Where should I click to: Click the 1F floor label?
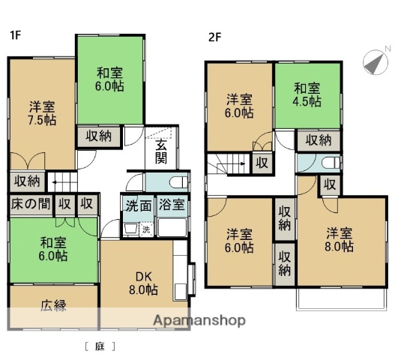tap(15, 34)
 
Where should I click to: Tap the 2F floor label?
tap(215, 34)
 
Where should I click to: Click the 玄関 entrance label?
tap(162, 151)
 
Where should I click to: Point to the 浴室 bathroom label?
tap(175, 205)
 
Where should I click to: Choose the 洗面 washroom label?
tap(137, 205)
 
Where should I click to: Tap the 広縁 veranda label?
tap(52, 305)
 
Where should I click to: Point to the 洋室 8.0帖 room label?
tap(337, 239)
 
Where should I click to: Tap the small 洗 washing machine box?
tap(147, 228)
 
